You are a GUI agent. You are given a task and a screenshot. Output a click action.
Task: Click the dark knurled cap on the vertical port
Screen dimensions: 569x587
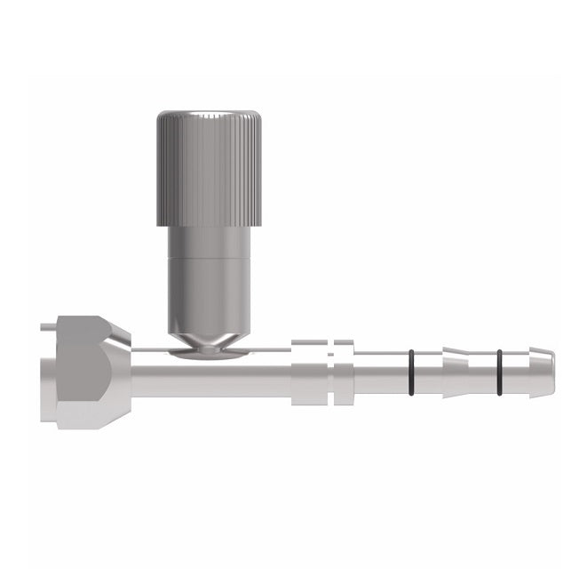(209, 169)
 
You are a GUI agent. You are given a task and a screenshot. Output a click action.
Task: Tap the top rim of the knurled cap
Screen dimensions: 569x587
(209, 115)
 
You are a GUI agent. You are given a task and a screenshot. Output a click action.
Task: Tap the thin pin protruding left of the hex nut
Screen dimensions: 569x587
(44, 331)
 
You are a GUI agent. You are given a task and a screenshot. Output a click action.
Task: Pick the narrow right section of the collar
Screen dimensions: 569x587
(342, 371)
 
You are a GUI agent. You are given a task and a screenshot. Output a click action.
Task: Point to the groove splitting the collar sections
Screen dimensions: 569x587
(329, 371)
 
